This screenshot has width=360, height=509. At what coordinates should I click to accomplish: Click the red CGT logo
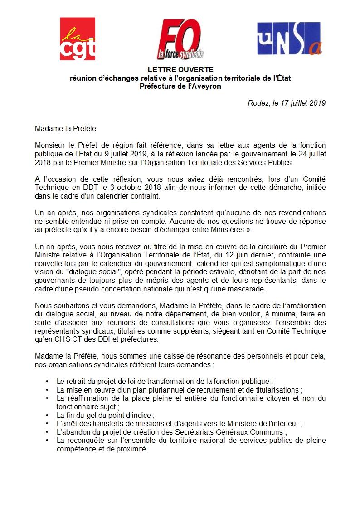pyautogui.click(x=78, y=39)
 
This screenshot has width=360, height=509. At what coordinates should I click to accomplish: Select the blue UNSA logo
pyautogui.click(x=289, y=39)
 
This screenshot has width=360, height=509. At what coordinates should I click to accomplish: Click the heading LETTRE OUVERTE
pyautogui.click(x=180, y=70)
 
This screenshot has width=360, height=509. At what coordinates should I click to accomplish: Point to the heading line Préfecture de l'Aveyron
pyautogui.click(x=180, y=86)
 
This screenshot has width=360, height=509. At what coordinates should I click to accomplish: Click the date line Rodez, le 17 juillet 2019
pyautogui.click(x=287, y=103)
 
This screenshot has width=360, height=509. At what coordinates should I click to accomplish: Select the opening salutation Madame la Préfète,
pyautogui.click(x=66, y=128)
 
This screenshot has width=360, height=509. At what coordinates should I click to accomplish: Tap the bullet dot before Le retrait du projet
pyautogui.click(x=48, y=382)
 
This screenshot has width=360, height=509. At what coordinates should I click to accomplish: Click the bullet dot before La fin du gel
pyautogui.click(x=48, y=415)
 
